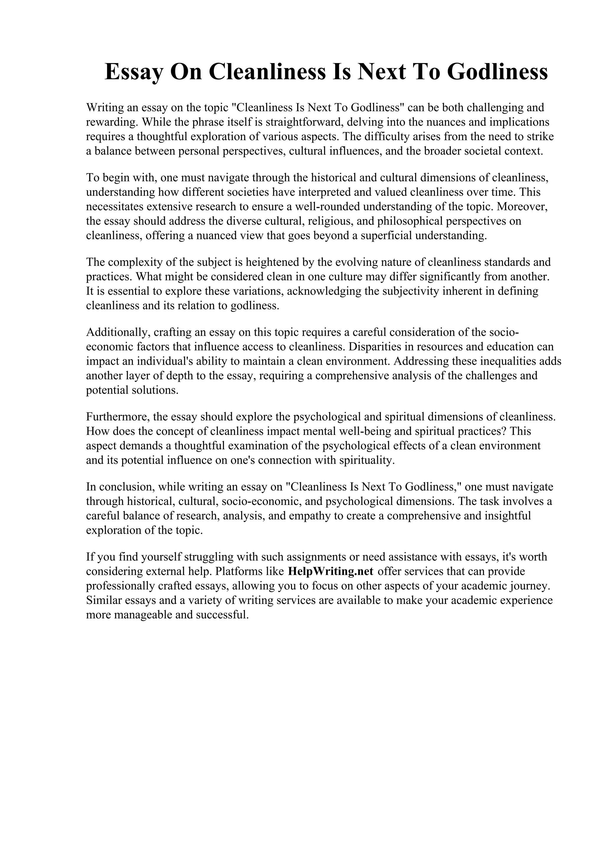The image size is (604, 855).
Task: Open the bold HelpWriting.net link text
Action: pyautogui.click(x=331, y=571)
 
